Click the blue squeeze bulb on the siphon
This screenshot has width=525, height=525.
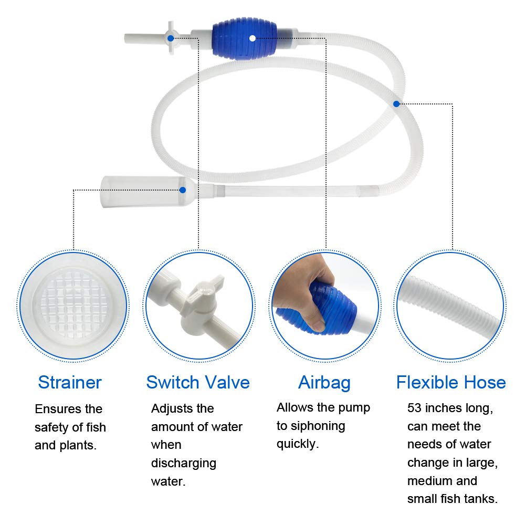coord(245,39)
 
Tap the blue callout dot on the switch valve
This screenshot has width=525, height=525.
coord(171,38)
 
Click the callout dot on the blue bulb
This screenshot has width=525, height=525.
coord(253,38)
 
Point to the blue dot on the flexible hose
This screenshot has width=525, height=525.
coord(396,104)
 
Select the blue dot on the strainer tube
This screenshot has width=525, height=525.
coord(182,190)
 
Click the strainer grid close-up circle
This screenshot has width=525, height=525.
coord(73,304)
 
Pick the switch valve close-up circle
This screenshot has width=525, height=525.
coord(198,304)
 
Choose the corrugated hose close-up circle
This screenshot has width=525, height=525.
coord(450,304)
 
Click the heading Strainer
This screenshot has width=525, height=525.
coord(70,382)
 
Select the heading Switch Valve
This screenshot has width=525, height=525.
coord(198,382)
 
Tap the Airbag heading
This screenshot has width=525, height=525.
coord(324,382)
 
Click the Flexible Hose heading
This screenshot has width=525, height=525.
coord(451,382)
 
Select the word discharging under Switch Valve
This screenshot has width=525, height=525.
coord(184,463)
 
